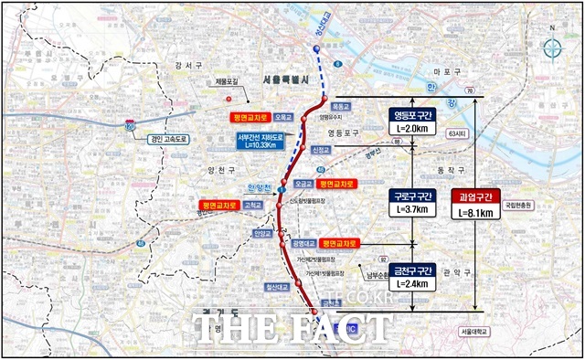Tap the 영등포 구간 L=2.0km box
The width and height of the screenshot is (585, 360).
pyautogui.click(x=411, y=122)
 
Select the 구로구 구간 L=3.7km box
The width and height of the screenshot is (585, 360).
pyautogui.click(x=411, y=202)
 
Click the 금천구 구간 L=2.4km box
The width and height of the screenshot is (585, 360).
pyautogui.click(x=411, y=275)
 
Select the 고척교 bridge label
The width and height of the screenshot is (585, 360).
pyautogui.click(x=253, y=206)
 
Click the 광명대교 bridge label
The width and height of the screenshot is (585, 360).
pyautogui.click(x=302, y=244)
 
